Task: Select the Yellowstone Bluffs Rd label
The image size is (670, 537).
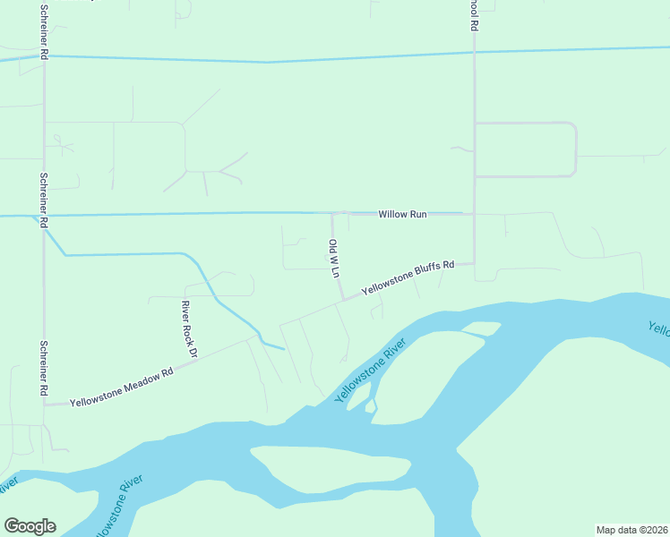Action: click(408, 278)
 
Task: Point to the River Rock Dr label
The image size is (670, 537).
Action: click(187, 329)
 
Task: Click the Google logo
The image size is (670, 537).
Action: click(30, 526)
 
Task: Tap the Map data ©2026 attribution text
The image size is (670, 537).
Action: click(631, 529)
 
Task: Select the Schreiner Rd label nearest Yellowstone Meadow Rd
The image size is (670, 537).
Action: click(43, 368)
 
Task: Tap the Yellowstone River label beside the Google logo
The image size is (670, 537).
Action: click(116, 507)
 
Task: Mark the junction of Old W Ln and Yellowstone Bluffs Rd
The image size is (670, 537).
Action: click(342, 300)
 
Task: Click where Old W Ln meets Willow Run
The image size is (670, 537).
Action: click(333, 214)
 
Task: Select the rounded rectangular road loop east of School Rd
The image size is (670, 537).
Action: click(525, 149)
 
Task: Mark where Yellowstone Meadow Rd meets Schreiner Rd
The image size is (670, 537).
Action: click(44, 405)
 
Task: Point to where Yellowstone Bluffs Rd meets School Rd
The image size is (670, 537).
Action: click(474, 263)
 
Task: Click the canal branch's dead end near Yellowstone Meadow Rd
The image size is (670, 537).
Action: click(284, 349)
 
